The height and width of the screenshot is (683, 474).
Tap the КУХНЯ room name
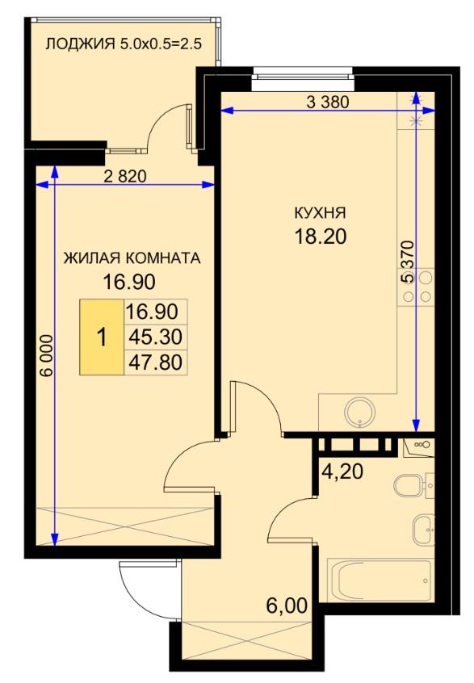[321, 213]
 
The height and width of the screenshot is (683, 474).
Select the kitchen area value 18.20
[321, 237]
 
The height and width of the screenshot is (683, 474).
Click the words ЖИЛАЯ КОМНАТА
[132, 258]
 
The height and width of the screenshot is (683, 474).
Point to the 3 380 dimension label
[328, 102]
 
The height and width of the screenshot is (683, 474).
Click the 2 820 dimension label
[125, 177]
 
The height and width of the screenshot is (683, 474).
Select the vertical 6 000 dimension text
[47, 355]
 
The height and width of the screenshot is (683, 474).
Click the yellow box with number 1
[102, 337]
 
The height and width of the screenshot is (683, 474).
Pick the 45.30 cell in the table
[156, 337]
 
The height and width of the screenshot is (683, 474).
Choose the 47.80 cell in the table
[156, 362]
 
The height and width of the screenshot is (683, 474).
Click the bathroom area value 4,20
[342, 471]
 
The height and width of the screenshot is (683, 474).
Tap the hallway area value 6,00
[287, 605]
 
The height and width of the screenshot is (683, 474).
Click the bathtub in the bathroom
[379, 580]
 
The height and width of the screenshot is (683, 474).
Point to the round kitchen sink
[360, 412]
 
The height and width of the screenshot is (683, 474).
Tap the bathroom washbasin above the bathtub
[423, 530]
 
